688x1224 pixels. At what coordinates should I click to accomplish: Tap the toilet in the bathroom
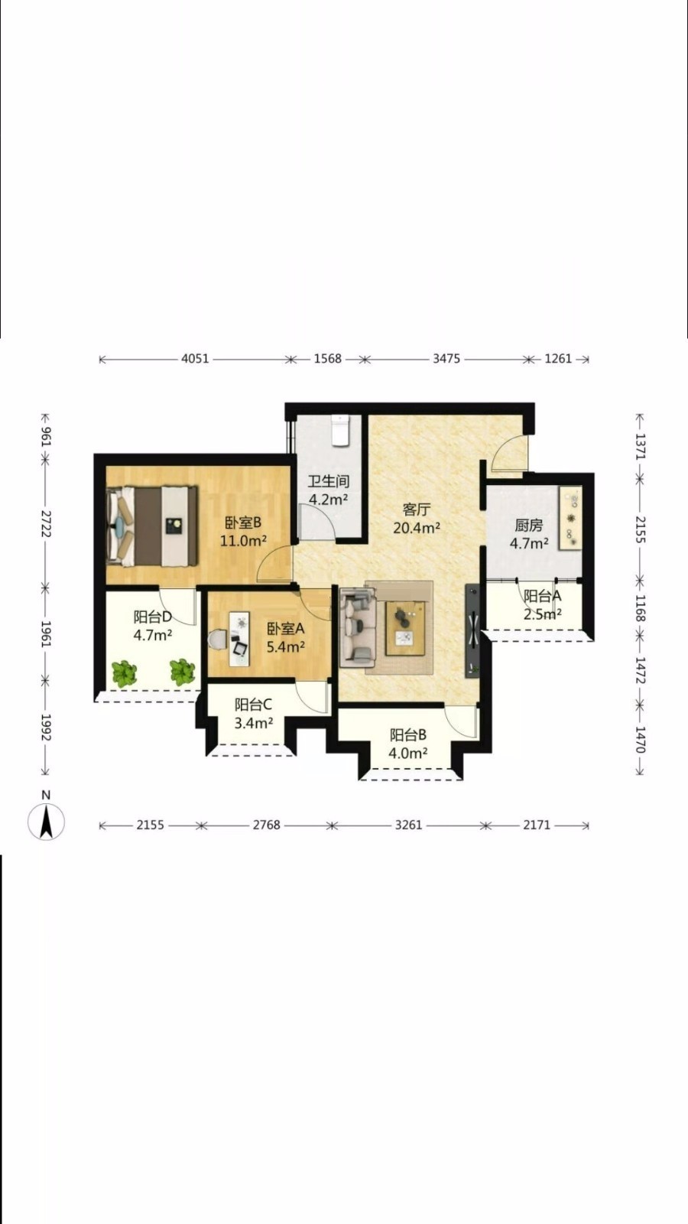click(340, 430)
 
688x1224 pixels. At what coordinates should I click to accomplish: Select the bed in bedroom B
click(152, 526)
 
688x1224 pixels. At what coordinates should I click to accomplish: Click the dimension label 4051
click(195, 359)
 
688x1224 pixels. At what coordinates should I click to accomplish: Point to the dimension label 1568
click(328, 359)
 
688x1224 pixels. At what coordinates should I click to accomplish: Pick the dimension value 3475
click(446, 359)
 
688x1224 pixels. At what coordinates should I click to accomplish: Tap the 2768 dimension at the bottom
click(267, 825)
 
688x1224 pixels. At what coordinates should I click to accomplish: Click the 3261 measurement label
click(408, 825)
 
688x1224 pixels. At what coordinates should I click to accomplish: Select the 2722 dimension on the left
click(45, 524)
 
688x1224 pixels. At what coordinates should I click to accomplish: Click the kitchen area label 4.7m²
click(529, 543)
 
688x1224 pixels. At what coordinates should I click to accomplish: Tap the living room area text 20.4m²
click(417, 527)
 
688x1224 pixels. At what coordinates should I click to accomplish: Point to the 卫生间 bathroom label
click(328, 481)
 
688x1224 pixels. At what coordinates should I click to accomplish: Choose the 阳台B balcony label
click(408, 735)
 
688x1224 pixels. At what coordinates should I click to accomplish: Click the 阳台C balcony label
click(253, 705)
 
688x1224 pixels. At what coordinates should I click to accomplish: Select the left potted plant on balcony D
click(125, 674)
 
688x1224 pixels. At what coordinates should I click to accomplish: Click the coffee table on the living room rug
click(405, 627)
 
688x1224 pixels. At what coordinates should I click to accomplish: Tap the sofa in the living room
click(358, 627)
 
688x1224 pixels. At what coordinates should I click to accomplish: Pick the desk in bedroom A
click(239, 639)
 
